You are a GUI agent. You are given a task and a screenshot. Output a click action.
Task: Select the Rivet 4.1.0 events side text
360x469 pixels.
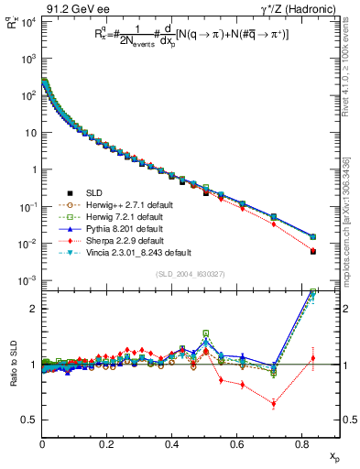353,64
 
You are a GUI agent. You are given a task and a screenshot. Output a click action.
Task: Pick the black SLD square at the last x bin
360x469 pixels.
313,251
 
